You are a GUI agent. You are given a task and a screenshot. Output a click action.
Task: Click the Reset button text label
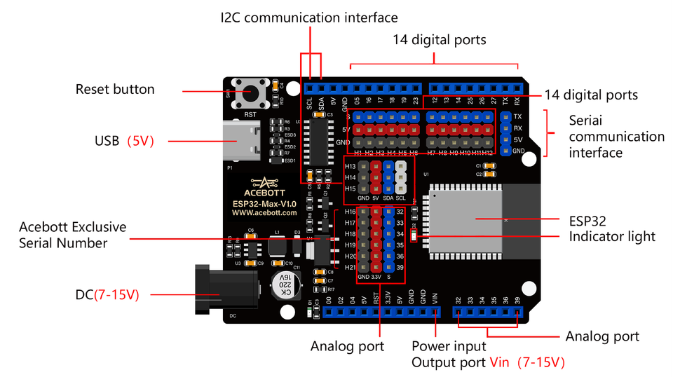(115, 89)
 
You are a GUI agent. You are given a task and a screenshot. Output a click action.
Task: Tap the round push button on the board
(249, 92)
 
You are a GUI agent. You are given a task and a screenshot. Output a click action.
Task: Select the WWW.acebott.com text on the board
(264, 212)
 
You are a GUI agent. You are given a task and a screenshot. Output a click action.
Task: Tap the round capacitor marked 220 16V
(285, 285)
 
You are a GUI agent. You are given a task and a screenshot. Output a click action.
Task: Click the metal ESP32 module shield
(466, 219)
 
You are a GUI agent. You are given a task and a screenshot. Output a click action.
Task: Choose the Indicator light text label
(612, 237)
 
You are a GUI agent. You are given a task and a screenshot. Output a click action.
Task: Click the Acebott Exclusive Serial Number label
(73, 235)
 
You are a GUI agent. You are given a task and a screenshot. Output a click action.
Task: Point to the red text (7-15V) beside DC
(116, 295)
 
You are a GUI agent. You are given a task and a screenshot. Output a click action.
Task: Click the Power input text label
(449, 346)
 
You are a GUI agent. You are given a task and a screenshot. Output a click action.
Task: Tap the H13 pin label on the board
(350, 166)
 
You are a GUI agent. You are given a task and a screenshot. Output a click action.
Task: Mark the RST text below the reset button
(250, 113)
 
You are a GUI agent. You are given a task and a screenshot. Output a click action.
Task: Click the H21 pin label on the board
(350, 267)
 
